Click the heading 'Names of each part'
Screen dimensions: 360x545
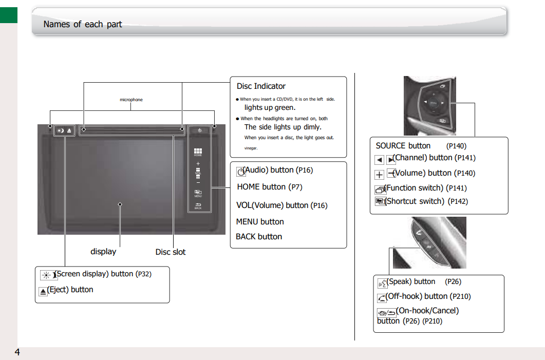tap(83, 24)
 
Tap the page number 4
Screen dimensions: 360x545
tap(17, 352)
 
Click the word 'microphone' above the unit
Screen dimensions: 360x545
tap(131, 100)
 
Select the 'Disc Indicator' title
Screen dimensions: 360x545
tap(261, 86)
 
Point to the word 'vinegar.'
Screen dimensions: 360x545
tap(251, 148)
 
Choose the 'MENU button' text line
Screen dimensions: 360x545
tap(260, 222)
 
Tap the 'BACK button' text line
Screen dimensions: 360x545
tap(259, 237)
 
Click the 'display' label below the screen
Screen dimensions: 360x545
tap(103, 252)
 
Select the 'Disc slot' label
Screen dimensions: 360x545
tap(171, 252)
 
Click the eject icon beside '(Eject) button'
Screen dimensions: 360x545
tap(43, 291)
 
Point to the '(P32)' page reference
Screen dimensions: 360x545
tap(143, 274)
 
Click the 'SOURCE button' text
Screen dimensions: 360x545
tap(403, 146)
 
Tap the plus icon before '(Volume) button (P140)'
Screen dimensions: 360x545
tap(380, 175)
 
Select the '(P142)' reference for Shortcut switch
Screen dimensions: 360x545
tap(458, 202)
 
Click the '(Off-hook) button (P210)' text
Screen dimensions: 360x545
tap(428, 296)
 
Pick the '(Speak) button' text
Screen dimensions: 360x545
tap(411, 281)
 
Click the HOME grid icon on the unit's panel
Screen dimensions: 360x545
tap(198, 152)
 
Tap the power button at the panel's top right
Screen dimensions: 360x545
tap(199, 130)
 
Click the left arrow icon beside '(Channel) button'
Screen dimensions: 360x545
tap(380, 160)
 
